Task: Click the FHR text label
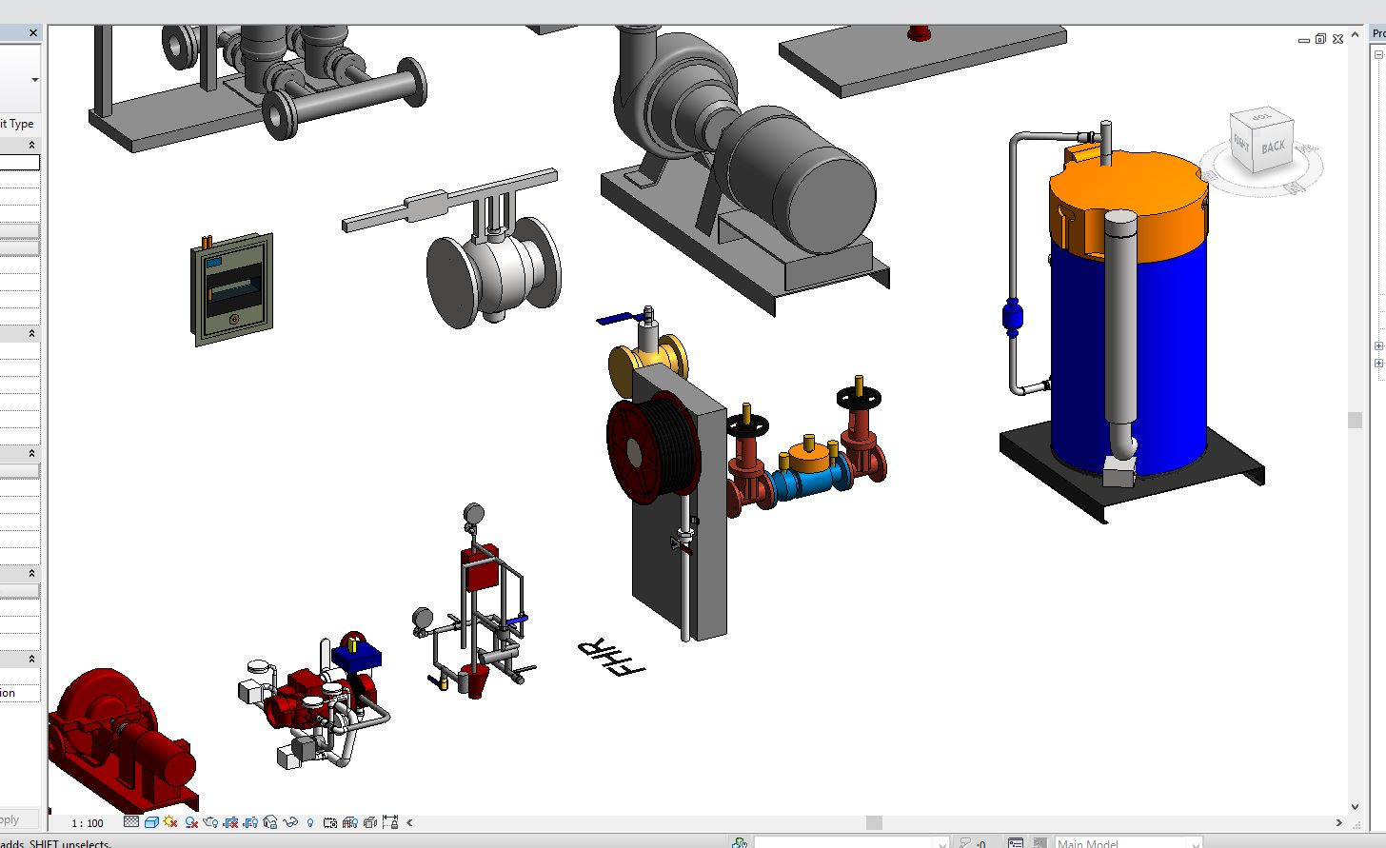[610, 657]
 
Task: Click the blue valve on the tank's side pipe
[1012, 316]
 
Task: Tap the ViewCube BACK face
[1273, 147]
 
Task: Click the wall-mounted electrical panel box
[233, 289]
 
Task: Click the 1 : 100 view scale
[88, 823]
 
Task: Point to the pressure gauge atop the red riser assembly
[472, 514]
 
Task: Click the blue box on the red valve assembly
[357, 655]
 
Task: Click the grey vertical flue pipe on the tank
[1120, 324]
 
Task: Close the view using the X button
[1337, 39]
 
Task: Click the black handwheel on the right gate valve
[860, 399]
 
